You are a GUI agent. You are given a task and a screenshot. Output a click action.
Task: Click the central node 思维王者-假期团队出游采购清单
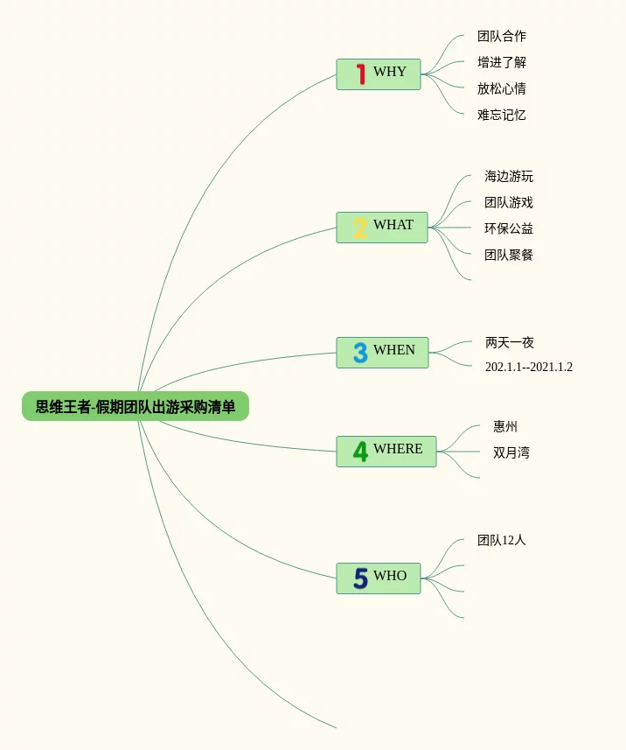click(x=136, y=407)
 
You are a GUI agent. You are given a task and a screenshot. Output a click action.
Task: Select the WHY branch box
click(x=379, y=74)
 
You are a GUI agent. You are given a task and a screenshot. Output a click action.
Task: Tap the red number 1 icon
click(x=360, y=74)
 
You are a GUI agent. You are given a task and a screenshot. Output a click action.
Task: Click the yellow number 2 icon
click(x=360, y=228)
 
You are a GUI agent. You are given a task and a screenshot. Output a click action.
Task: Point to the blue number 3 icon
click(x=360, y=352)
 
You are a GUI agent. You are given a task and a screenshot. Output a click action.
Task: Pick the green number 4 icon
click(x=360, y=452)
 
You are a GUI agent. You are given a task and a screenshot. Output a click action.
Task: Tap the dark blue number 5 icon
click(x=360, y=578)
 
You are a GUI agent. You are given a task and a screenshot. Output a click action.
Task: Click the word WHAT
click(x=393, y=225)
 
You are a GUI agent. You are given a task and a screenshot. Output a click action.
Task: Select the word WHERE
click(x=398, y=449)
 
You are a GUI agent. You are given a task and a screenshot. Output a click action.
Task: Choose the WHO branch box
click(x=379, y=578)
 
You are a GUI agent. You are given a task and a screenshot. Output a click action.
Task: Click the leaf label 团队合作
click(x=502, y=37)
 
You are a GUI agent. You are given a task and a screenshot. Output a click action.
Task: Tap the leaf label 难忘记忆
click(x=502, y=115)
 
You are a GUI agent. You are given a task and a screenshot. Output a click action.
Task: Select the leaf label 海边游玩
click(x=509, y=177)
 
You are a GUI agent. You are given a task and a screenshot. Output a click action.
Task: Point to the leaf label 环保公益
click(x=509, y=228)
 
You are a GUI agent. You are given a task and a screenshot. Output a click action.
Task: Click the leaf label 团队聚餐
click(x=509, y=255)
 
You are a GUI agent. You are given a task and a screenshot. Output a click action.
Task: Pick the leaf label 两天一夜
click(x=510, y=343)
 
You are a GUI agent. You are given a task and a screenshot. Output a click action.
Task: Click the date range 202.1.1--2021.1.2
click(x=529, y=368)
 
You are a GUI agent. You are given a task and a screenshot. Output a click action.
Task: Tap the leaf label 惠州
click(x=505, y=427)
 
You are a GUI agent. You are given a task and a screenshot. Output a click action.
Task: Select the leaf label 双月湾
click(x=511, y=452)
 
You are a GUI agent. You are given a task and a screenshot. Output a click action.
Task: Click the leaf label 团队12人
click(x=502, y=541)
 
